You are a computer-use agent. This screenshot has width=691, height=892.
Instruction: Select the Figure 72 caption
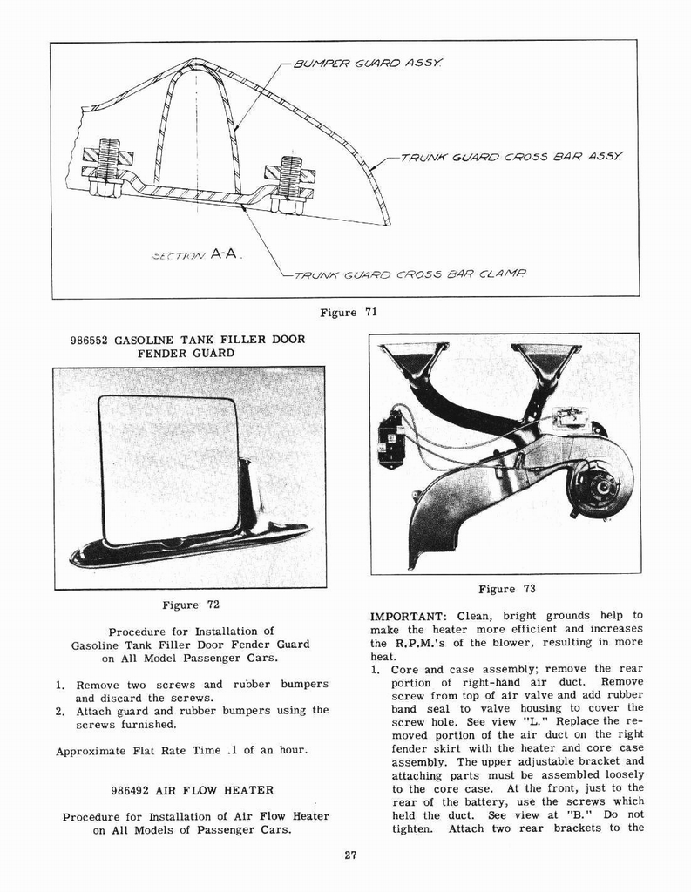point(190,605)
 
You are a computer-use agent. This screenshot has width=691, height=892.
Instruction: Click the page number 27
point(350,855)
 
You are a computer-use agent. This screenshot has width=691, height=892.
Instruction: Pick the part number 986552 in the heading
point(90,340)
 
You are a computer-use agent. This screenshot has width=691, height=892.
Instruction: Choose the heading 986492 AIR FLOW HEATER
point(193,790)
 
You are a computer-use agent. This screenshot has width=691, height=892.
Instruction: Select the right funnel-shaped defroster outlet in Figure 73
point(547,359)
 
